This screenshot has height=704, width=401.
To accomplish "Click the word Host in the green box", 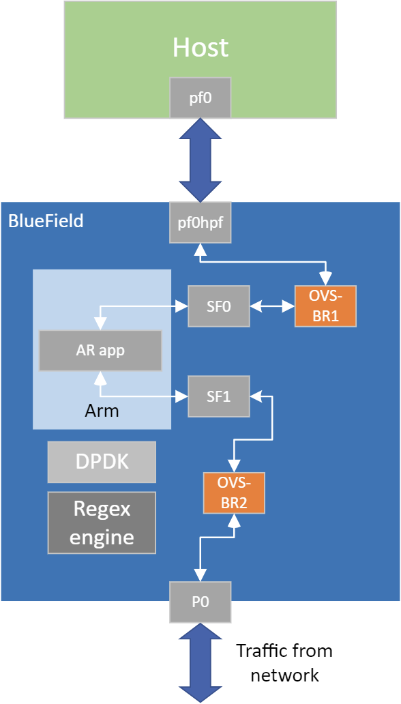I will [200, 48].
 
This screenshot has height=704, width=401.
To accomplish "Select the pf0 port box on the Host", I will [200, 98].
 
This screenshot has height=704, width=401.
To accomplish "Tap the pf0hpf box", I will [200, 222].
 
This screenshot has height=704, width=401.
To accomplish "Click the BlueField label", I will [46, 221].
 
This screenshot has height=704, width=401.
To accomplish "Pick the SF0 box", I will [219, 307].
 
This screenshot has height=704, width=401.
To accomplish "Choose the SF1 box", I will [219, 396].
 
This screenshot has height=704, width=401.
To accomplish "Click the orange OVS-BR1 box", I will [325, 306].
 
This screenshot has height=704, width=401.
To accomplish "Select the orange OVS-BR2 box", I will [234, 493].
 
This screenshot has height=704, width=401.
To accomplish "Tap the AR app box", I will [100, 351].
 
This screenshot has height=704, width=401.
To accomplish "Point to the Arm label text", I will [102, 411].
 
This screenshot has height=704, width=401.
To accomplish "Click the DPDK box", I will [102, 462].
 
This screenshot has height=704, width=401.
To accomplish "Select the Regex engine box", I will [102, 523].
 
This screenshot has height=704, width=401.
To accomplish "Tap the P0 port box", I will [200, 601].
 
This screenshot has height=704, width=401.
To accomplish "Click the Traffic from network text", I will [284, 662].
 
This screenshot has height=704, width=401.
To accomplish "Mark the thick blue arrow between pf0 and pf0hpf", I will [200, 160].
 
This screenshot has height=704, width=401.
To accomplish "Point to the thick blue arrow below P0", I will [200, 662].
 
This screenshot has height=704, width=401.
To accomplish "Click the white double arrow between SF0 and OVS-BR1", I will [272, 307].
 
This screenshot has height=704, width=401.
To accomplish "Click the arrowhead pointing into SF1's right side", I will [256, 396].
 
